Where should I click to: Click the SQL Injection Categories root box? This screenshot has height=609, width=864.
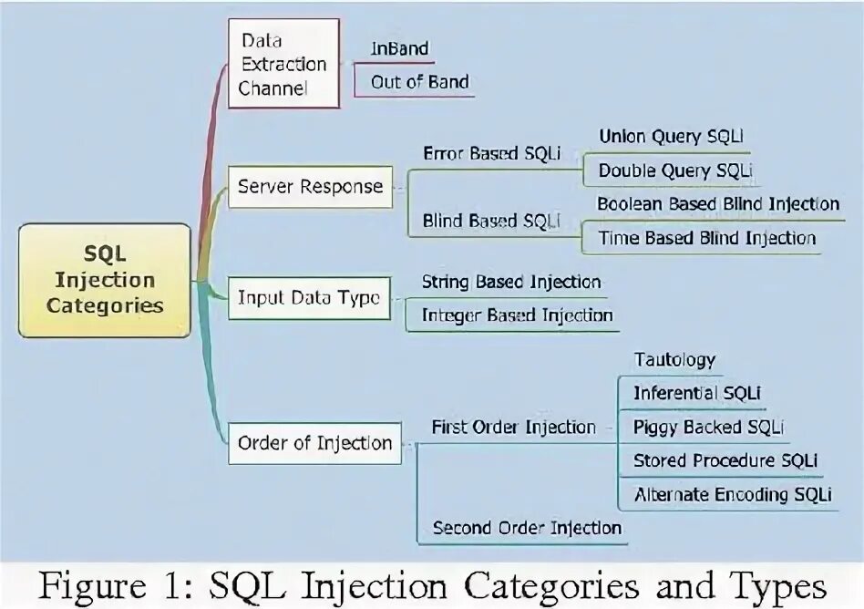tap(105, 280)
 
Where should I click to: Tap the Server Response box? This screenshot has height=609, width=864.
tap(310, 187)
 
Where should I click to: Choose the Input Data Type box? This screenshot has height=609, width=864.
tap(309, 298)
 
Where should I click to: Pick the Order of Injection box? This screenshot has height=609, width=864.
tap(314, 443)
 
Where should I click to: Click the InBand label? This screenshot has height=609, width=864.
tap(399, 48)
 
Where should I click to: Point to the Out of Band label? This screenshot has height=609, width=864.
tap(419, 82)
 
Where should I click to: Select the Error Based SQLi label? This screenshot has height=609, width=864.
tap(491, 154)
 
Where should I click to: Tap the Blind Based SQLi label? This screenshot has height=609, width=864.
tap(491, 221)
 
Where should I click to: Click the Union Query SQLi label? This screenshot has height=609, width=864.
tap(663, 137)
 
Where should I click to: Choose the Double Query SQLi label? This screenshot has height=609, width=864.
tap(675, 170)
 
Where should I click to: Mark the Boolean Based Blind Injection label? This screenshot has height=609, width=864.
tap(718, 203)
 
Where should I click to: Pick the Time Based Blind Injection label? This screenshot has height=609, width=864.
tap(706, 238)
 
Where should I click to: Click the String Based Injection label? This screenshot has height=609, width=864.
tap(510, 283)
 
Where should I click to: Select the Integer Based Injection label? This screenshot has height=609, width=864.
tap(517, 315)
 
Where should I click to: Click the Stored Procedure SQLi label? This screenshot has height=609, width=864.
tap(725, 460)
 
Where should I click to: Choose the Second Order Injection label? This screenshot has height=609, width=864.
tap(527, 528)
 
